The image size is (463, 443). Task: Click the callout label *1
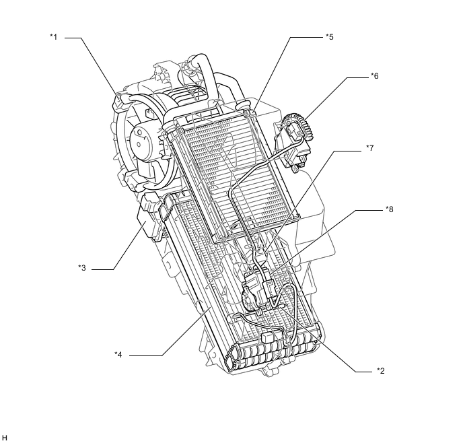pos(53,38)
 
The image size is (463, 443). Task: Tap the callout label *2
pos(381,371)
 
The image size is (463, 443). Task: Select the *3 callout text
pos(81,268)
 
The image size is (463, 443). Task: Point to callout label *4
pos(118,355)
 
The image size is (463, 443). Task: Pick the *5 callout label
pos(329,37)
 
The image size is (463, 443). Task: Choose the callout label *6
pos(375,76)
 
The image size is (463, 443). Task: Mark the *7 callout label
pos(369,147)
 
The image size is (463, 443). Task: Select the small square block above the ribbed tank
pos(268,335)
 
